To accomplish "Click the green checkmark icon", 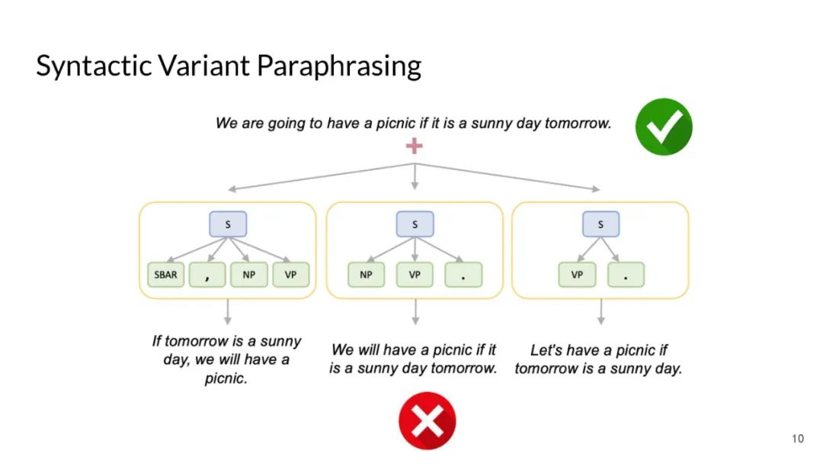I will tap(664, 127).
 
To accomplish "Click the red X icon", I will tap(427, 420).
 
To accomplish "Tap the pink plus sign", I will tap(414, 146).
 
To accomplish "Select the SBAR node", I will tap(165, 275).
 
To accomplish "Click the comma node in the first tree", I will tap(207, 275).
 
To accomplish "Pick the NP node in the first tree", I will tap(249, 275).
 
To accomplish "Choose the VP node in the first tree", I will tap(290, 275).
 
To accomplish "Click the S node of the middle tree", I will tap(415, 224).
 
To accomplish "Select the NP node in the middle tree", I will tap(367, 275).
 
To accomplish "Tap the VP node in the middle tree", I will tap(415, 275).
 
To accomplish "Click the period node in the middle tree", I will tap(463, 275).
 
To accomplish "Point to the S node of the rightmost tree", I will tap(601, 224).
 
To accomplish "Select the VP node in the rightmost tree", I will tap(577, 275).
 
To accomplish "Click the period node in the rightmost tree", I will tap(626, 275).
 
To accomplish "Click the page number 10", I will tap(798, 439).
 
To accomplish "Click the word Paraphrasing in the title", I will tap(339, 66).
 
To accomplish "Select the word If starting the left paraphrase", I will tap(157, 341).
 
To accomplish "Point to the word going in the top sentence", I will tap(286, 123).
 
